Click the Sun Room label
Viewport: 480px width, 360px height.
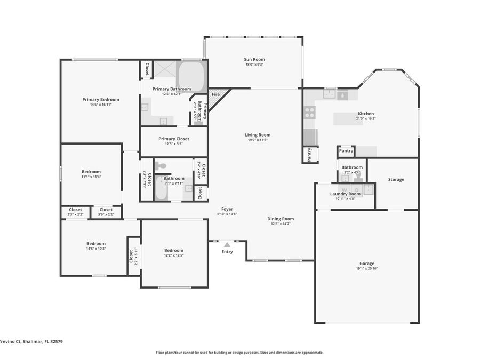point(254,60)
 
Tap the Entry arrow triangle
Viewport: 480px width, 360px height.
point(227,245)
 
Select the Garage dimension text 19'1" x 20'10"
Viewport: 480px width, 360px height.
point(366,268)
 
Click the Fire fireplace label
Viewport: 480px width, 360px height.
point(215,94)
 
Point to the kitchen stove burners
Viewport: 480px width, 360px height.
point(309,112)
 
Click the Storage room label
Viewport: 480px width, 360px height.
point(396,179)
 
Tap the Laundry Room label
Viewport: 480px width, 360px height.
point(345,194)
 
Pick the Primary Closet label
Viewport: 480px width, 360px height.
point(174,139)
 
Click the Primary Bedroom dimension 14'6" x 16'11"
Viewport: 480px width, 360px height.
point(100,105)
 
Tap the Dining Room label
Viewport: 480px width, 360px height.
point(281,219)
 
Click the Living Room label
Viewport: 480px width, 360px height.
point(258,135)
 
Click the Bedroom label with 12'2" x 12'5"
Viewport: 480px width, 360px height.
point(174,250)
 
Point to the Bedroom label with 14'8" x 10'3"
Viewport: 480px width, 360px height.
point(96,243)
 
